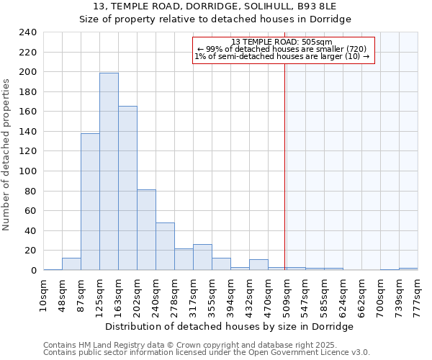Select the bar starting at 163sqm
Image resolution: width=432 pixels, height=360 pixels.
[x=127, y=188]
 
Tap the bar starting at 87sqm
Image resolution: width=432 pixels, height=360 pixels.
[x=90, y=202]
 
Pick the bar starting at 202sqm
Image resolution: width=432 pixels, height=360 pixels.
[x=146, y=230]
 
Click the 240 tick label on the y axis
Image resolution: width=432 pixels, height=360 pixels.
[x=29, y=32]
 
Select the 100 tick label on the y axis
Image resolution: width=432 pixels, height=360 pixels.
[x=29, y=171]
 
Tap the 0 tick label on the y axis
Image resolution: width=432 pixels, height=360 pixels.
[x=34, y=271]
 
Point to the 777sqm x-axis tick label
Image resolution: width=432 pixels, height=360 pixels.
[x=418, y=294]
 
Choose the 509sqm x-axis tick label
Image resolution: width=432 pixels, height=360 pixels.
[x=287, y=294]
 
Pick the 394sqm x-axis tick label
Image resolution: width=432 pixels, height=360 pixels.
[x=231, y=294]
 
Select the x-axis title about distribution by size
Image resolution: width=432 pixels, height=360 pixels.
[x=234, y=326]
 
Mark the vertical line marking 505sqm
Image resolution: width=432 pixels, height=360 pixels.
[x=284, y=166]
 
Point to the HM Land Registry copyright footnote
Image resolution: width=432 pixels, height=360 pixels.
[x=206, y=345]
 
